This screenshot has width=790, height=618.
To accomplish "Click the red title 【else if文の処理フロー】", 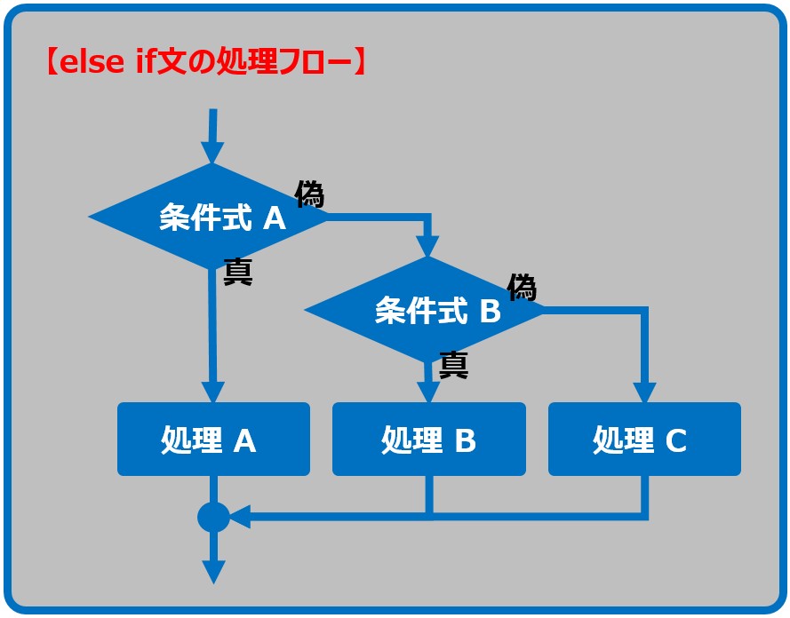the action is coord(205,61).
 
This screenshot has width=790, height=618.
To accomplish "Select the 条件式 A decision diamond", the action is coord(209,217).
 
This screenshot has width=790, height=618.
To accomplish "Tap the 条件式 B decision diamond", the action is coord(424,310).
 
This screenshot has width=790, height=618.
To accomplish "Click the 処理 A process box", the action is coord(213,439).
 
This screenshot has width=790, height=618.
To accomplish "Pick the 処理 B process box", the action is coord(428,439).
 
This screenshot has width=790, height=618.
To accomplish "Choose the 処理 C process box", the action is coord(644,439).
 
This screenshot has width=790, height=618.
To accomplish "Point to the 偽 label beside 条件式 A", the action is coord(309,194).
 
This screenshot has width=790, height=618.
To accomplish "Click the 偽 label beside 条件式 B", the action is coord(522,288).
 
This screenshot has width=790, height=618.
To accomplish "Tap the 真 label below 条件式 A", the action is coord(238,272).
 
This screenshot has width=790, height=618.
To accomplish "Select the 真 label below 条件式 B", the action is coord(453,365).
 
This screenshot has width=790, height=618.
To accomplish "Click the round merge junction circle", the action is coord(213,517).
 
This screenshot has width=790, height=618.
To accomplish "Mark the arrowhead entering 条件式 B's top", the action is coord(427,246).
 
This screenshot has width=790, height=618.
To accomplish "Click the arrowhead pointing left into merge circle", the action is coord(240,517).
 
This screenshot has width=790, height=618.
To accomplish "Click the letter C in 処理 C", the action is coord(675,440).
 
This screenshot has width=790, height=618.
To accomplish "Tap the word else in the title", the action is coord(92,62).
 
